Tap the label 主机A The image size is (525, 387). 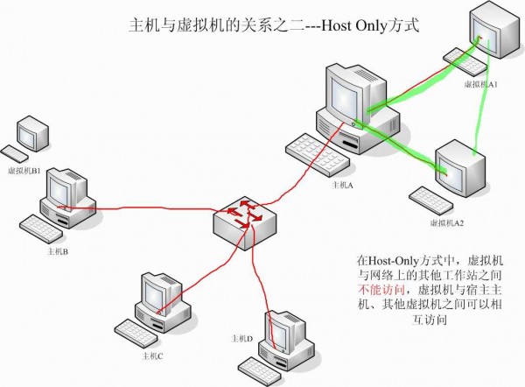coord(341,186)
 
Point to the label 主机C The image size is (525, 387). coord(153,356)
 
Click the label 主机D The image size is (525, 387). coord(242,338)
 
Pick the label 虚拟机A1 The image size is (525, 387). coord(480,84)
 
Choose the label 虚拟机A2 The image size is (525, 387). coord(446,223)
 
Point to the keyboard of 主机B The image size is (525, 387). coord(41,229)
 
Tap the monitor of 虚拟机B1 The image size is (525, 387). coord(32,132)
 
